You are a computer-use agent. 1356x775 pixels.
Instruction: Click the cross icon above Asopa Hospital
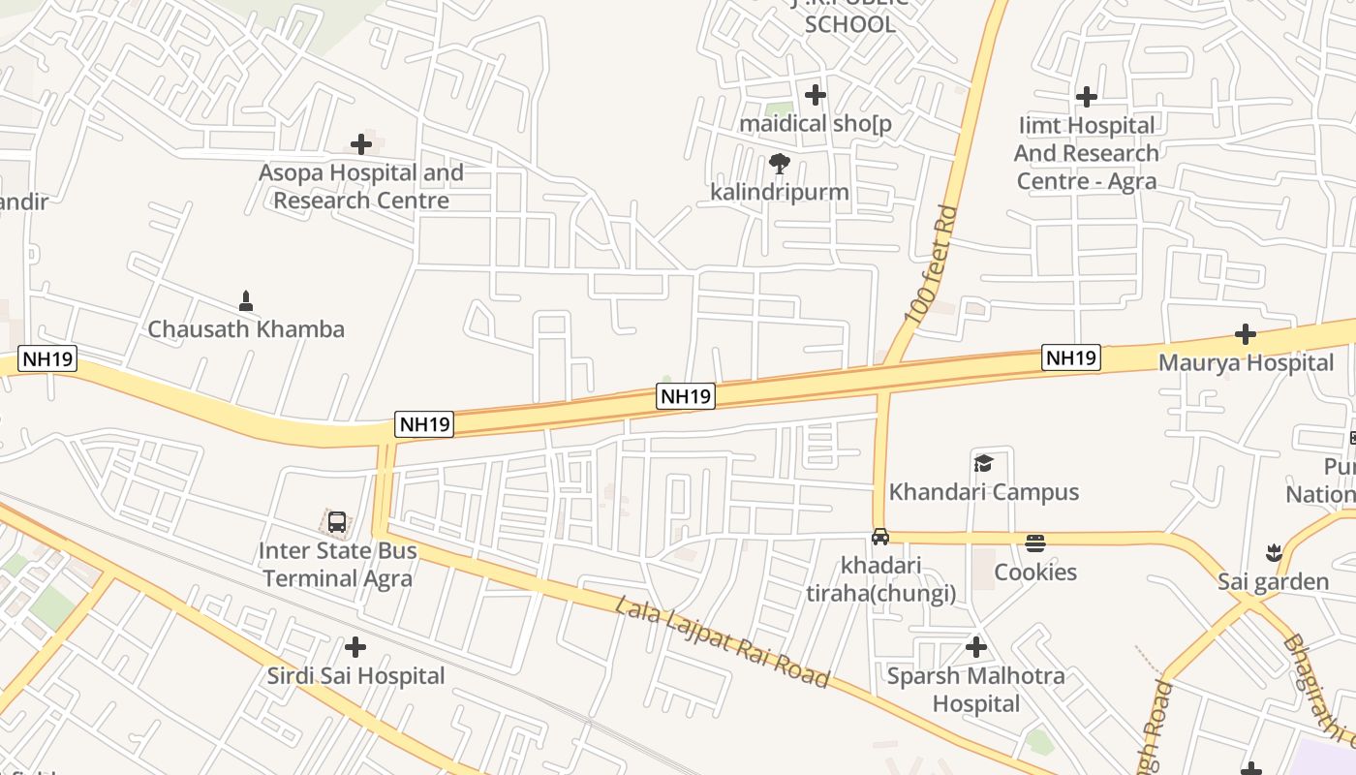point(361,144)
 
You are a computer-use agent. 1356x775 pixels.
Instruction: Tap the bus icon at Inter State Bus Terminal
point(337,522)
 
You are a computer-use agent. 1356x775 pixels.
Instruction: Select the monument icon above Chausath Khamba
point(246,300)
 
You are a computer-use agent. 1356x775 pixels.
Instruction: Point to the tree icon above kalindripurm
point(780,163)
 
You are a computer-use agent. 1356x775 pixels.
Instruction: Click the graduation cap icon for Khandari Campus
point(984,463)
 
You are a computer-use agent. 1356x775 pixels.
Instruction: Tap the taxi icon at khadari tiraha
point(880,536)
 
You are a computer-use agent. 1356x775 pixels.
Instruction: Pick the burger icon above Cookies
point(1035,542)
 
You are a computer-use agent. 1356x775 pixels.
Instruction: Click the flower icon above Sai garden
point(1274,553)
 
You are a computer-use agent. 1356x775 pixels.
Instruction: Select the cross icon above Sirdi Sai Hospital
point(355,646)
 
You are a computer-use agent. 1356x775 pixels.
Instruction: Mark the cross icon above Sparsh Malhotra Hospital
point(976,646)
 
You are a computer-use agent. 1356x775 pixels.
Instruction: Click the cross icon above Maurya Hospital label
point(1246,335)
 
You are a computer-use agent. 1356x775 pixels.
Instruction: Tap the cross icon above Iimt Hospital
point(1087,97)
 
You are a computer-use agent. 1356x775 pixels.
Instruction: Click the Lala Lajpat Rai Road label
point(723,642)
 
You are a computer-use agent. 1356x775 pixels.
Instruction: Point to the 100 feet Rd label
point(932,264)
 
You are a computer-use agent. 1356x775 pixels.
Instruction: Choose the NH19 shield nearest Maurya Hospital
point(1071,357)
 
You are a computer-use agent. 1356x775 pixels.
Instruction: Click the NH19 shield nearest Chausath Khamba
point(47,358)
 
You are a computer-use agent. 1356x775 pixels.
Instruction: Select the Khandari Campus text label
point(984,492)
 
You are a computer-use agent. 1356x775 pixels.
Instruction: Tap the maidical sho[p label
point(815,124)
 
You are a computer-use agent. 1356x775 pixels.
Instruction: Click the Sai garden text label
point(1273,582)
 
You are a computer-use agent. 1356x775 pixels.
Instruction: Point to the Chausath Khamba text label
point(246,329)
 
